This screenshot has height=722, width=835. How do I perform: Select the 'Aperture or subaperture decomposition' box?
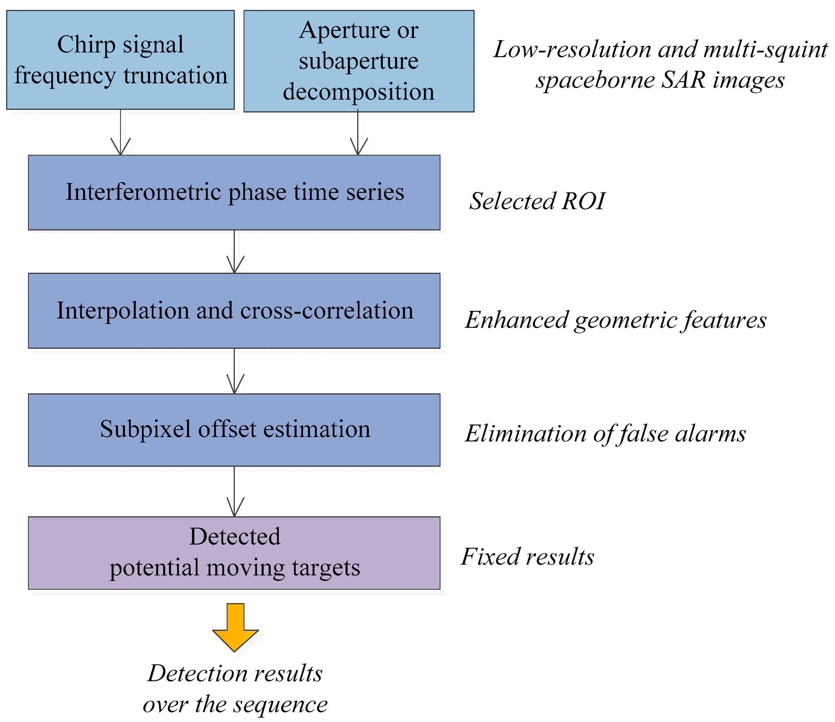pyautogui.click(x=359, y=61)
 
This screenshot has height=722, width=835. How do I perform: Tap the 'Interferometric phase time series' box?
pyautogui.click(x=234, y=192)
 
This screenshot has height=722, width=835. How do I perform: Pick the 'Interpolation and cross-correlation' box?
pyautogui.click(x=234, y=310)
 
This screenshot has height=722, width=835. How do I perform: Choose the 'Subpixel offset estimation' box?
pyautogui.click(x=234, y=429)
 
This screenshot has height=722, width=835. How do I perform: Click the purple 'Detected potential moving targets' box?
pyautogui.click(x=234, y=553)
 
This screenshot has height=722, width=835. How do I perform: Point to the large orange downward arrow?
pyautogui.click(x=235, y=626)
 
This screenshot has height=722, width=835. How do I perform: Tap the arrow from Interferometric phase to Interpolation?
pyautogui.click(x=235, y=252)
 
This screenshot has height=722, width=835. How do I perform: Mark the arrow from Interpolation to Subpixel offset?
pyautogui.click(x=235, y=371)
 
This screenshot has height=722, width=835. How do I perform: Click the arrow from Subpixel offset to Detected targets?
pyautogui.click(x=235, y=492)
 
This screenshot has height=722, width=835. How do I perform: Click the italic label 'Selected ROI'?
pyautogui.click(x=537, y=201)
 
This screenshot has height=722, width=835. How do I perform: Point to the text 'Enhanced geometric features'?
pyautogui.click(x=615, y=320)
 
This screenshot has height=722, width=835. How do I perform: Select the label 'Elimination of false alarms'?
pyautogui.click(x=605, y=434)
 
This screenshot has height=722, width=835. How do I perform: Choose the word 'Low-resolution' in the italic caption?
pyautogui.click(x=572, y=49)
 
